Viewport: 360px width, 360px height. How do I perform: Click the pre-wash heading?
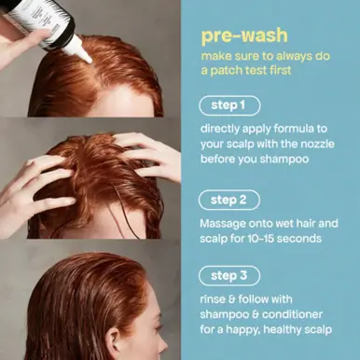coord(238,37)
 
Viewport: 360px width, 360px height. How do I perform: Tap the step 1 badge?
coord(228,105)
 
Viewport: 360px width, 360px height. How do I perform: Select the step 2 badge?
coord(228,200)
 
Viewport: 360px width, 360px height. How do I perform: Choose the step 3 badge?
coord(228,275)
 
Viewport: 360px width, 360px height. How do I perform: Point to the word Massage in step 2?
coord(225,224)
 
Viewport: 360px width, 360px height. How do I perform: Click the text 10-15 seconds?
coord(284,239)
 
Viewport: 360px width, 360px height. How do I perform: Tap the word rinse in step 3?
coord(215,299)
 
